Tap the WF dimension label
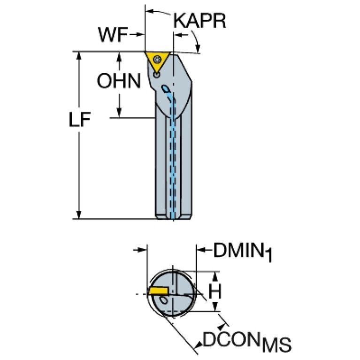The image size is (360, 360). (113, 34)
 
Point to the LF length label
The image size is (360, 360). (78, 121)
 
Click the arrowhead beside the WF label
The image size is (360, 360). (140, 34)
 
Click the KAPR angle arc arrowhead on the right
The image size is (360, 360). (199, 47)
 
